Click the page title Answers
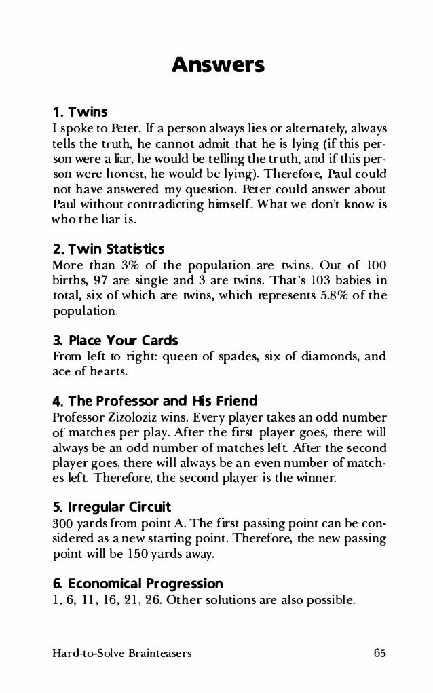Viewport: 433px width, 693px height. [216, 66]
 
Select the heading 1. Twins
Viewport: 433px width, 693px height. [80, 110]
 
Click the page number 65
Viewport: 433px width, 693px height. [379, 654]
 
